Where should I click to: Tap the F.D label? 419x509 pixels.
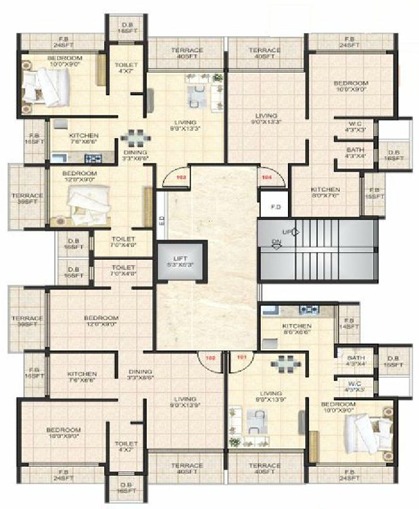[275, 208]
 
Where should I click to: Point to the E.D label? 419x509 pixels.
[161, 219]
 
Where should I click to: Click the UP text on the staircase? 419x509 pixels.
[286, 232]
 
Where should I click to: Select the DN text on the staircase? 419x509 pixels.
[276, 242]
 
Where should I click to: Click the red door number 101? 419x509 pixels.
[242, 358]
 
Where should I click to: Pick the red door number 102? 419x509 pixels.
[209, 358]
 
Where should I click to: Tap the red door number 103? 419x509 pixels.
[181, 177]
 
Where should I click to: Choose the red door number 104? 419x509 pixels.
[265, 177]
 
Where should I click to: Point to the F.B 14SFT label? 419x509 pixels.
[350, 323]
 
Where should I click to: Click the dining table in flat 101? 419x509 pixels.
[281, 363]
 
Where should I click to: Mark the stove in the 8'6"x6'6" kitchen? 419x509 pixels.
[308, 310]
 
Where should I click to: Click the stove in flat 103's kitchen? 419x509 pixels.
[92, 159]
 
